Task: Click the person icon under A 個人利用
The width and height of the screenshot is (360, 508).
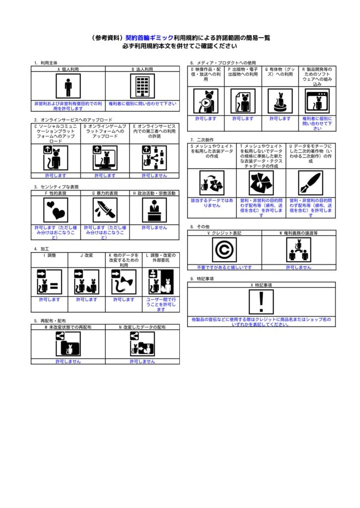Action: click(68, 86)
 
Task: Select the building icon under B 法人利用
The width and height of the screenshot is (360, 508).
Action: click(143, 86)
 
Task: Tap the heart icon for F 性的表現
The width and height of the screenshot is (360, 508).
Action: click(56, 210)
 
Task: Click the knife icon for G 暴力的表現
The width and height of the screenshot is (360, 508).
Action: click(105, 210)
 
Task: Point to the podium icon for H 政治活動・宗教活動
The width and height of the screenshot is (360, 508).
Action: click(154, 210)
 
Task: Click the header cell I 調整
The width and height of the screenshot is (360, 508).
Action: click(50, 255)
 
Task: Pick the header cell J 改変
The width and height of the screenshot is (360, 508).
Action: click(86, 255)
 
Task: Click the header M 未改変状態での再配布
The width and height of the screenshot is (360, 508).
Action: click(68, 327)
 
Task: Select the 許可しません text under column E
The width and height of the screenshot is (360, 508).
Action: click(154, 176)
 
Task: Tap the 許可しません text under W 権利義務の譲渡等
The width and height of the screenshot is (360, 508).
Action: click(298, 267)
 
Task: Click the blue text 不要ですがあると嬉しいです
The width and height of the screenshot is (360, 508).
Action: click(224, 267)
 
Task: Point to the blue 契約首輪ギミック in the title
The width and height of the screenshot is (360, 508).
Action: click(149, 38)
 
